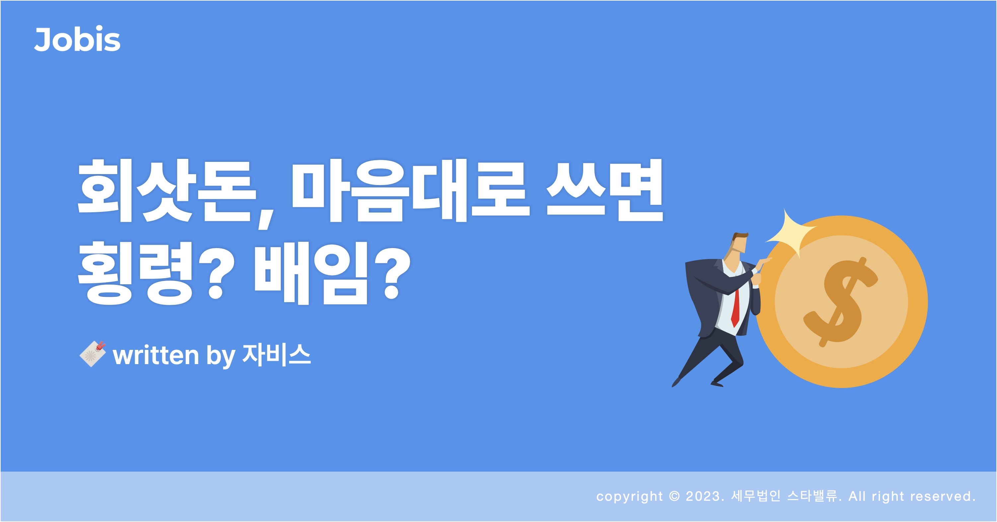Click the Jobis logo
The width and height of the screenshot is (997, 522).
coord(77,39)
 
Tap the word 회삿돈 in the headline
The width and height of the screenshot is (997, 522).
coord(167,191)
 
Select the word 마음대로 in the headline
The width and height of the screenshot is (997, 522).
coord(410,191)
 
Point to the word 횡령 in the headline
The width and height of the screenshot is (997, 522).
coord(135,273)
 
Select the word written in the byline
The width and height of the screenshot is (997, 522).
coord(156,355)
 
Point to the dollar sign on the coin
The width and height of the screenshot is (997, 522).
coord(841,301)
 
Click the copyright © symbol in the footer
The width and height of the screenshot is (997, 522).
coord(674,496)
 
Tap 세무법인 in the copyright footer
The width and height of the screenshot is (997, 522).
coord(755,496)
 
